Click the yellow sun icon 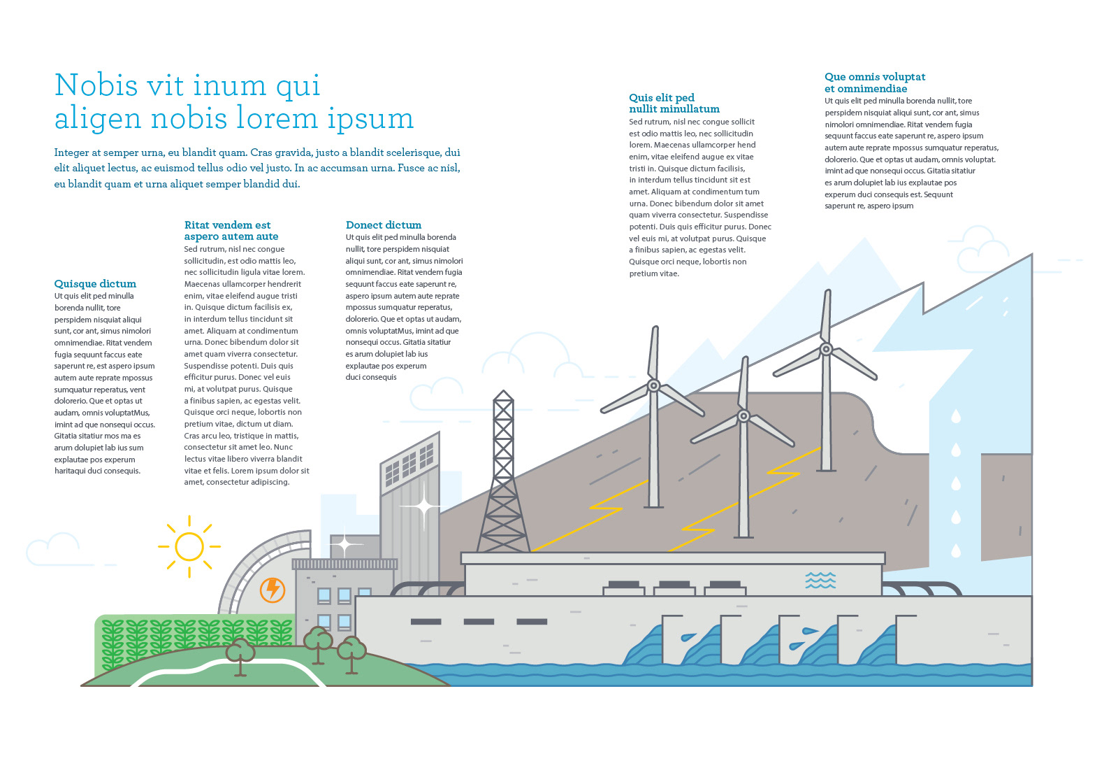pyautogui.click(x=189, y=546)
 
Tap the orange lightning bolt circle pyautogui.click(x=273, y=590)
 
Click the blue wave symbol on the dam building pyautogui.click(x=820, y=580)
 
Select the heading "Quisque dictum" pyautogui.click(x=95, y=283)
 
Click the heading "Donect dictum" pyautogui.click(x=384, y=225)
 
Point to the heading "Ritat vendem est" pyautogui.click(x=227, y=225)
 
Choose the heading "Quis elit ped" pyautogui.click(x=661, y=97)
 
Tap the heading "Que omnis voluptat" pyautogui.click(x=874, y=76)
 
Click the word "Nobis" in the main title pyautogui.click(x=96, y=85)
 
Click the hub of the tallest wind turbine pyautogui.click(x=826, y=348)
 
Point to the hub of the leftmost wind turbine pyautogui.click(x=654, y=385)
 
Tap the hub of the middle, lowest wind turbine pyautogui.click(x=743, y=416)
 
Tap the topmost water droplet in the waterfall pyautogui.click(x=955, y=417)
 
